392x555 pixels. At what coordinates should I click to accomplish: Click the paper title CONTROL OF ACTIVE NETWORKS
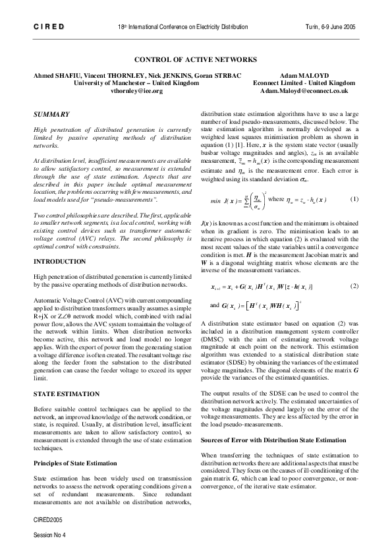196,59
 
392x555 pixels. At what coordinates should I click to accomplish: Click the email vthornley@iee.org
136,91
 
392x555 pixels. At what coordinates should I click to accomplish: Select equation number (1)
354,198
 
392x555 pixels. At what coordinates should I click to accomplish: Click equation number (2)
354,286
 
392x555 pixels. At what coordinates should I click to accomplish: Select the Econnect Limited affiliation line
304,84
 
